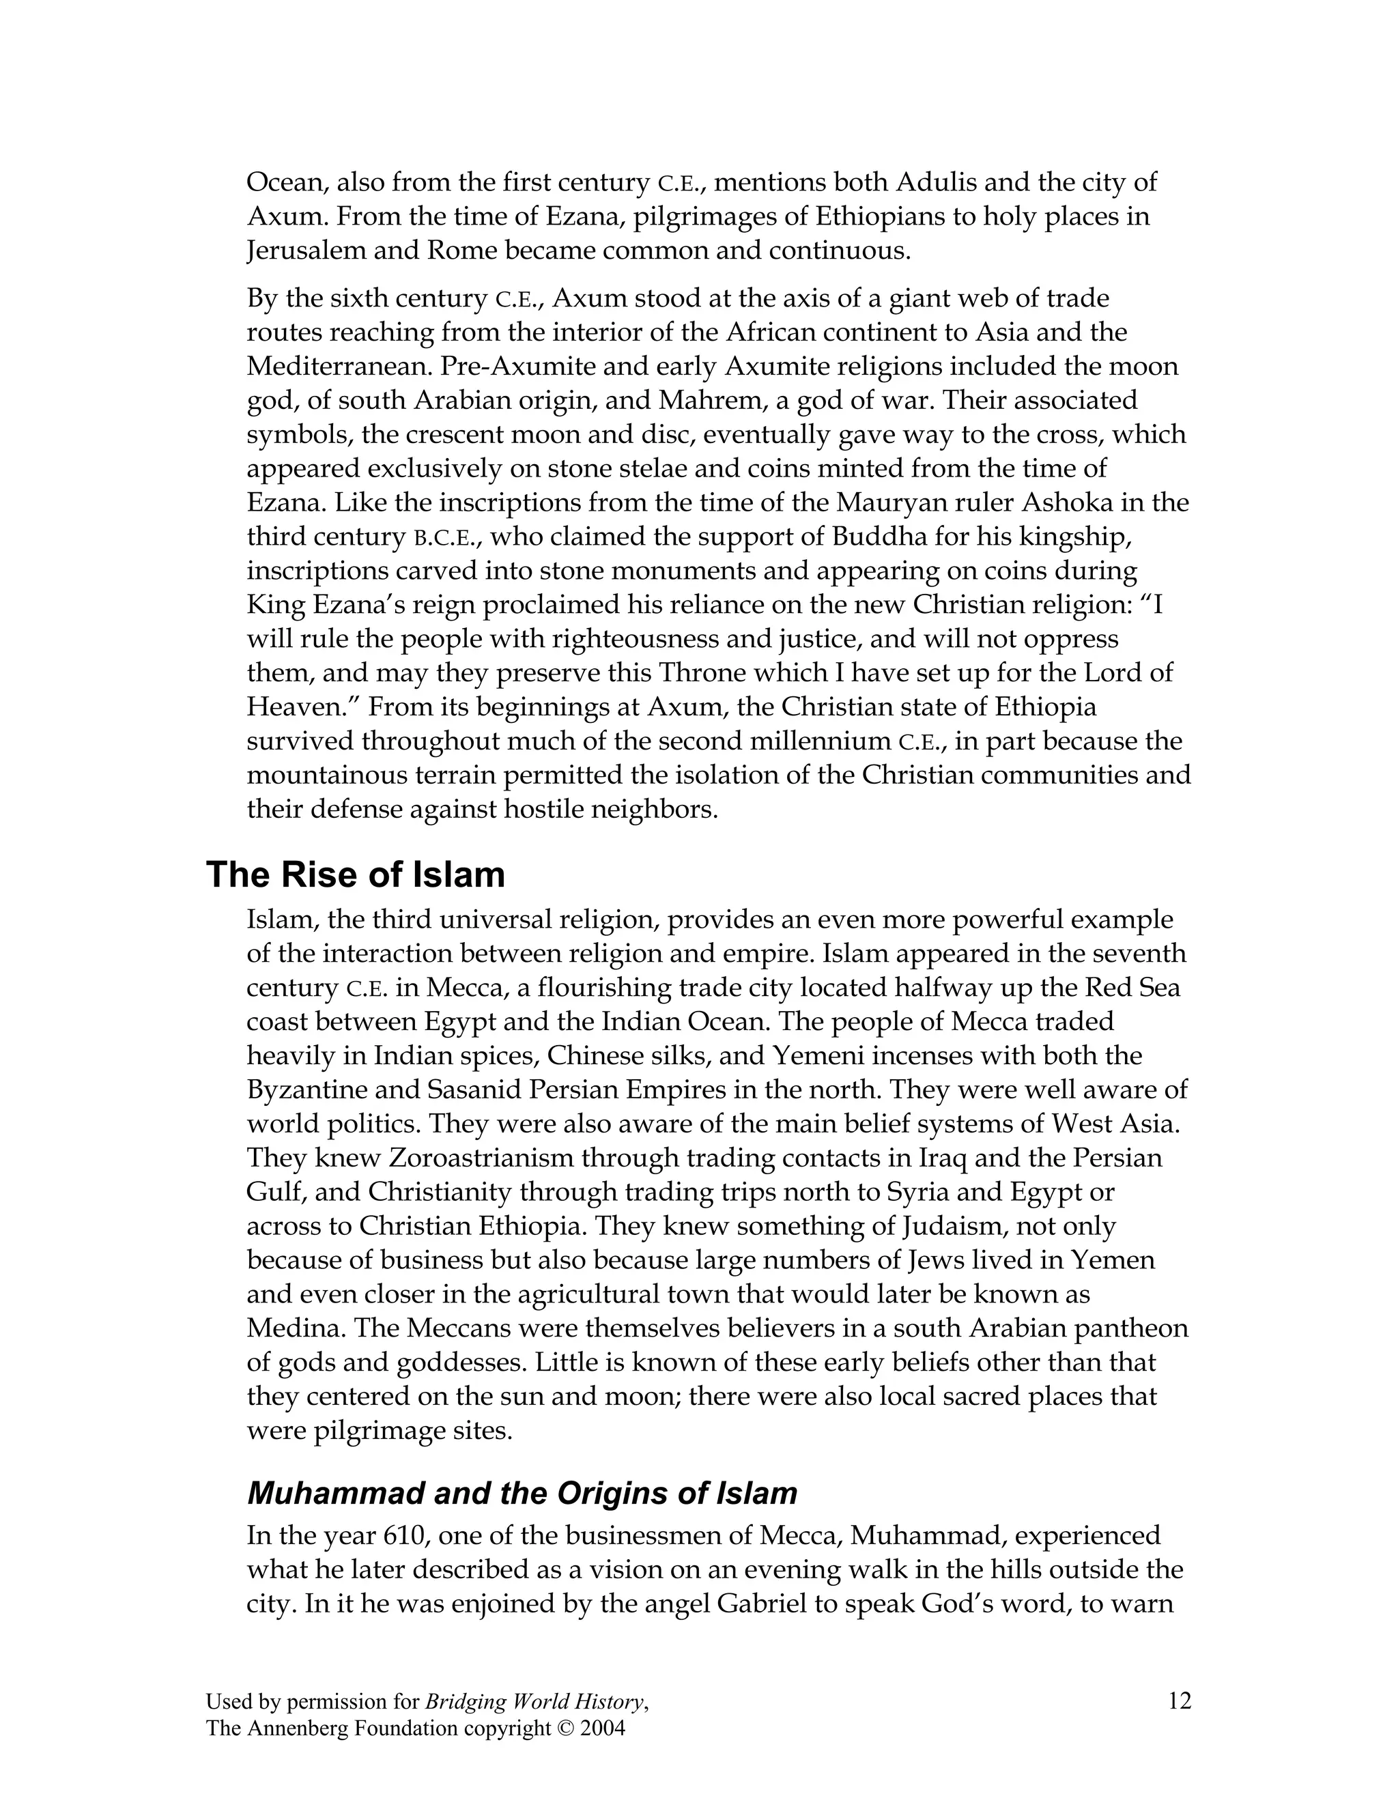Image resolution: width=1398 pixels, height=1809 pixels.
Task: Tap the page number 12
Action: tap(1180, 1701)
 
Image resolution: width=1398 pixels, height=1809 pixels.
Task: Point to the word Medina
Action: tap(296, 1328)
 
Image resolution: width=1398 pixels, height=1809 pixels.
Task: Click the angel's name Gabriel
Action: tap(762, 1604)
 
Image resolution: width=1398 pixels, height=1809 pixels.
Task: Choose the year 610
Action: tap(405, 1536)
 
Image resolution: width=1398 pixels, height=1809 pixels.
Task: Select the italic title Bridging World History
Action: tap(534, 1702)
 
